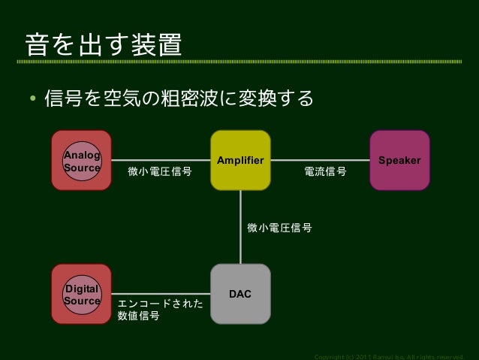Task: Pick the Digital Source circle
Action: pos(81,295)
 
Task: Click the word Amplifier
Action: pos(240,161)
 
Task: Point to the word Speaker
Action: pos(399,161)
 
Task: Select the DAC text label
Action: pos(240,294)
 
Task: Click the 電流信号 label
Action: pos(325,172)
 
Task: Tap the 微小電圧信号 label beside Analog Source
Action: pos(159,172)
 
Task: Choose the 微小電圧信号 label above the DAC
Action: pos(279,227)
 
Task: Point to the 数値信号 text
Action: pos(139,316)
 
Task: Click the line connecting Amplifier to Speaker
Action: pos(320,160)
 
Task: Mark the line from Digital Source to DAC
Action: pos(161,294)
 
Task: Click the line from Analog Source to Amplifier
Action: pos(161,160)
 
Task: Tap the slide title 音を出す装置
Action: pos(104,46)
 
